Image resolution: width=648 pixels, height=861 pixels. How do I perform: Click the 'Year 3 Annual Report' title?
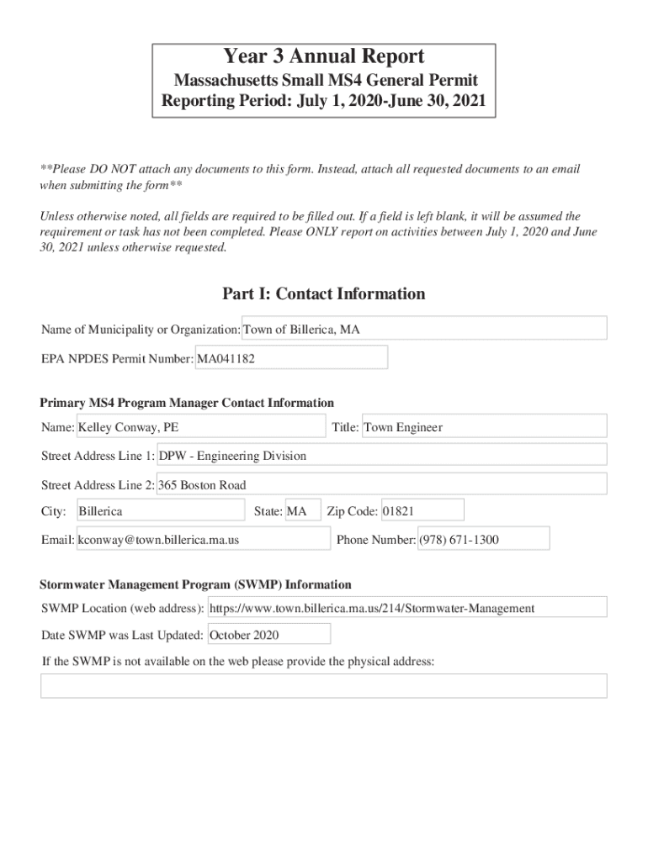tap(324, 57)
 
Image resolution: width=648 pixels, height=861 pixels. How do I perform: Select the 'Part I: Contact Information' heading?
tap(324, 294)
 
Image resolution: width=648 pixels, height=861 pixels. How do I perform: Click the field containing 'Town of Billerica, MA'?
tap(424, 329)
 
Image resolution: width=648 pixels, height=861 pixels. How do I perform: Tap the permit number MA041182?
tap(291, 358)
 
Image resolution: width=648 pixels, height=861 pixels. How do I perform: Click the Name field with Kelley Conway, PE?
tap(201, 427)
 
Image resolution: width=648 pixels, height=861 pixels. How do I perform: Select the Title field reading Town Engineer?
tap(484, 427)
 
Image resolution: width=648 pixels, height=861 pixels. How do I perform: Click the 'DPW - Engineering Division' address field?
tap(382, 456)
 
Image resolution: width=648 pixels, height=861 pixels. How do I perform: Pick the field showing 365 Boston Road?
tap(382, 484)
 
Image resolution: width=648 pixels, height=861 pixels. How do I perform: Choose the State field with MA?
tap(303, 511)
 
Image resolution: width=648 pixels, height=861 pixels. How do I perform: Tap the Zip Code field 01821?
tap(422, 511)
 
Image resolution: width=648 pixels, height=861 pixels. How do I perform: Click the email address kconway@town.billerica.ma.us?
tap(203, 540)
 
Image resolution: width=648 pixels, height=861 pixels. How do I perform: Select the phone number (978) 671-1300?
tap(483, 540)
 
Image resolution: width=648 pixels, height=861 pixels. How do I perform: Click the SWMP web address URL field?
tap(406, 608)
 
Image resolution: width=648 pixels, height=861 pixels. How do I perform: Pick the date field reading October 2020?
tap(268, 635)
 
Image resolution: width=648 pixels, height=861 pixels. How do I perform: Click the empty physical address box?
tap(324, 685)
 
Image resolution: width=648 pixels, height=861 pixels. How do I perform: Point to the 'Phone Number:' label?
tap(375, 540)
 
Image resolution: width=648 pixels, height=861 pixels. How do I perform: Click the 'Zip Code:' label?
tap(352, 511)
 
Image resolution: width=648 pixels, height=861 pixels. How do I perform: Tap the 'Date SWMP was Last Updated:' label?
tap(122, 635)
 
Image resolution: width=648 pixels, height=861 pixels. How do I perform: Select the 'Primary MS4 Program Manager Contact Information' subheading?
tap(187, 403)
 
